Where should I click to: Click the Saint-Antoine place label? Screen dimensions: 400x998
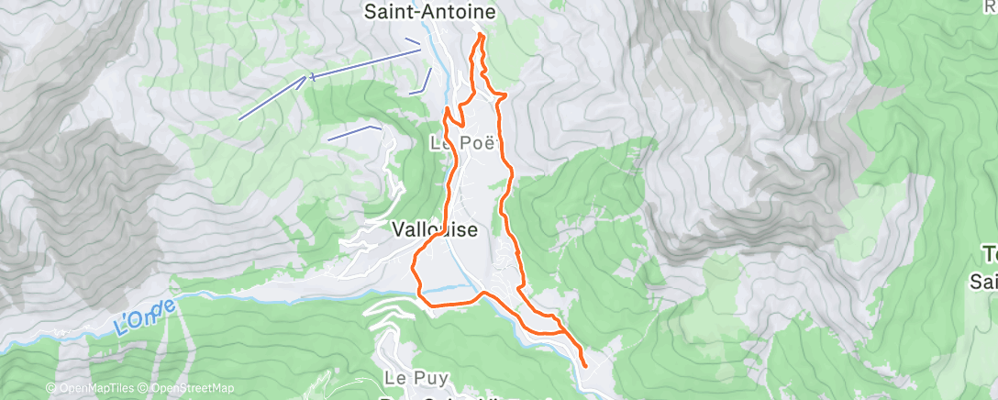pyautogui.click(x=430, y=12)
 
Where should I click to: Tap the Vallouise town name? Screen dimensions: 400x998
pyautogui.click(x=435, y=230)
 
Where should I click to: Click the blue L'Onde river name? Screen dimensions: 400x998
pyautogui.click(x=144, y=317)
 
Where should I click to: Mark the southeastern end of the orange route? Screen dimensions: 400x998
pyautogui.click(x=584, y=366)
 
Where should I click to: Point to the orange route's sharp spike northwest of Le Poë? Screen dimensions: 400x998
pyautogui.click(x=447, y=109)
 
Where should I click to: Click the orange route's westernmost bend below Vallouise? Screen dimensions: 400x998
pyautogui.click(x=413, y=265)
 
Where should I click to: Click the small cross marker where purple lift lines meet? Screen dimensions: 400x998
pyautogui.click(x=313, y=77)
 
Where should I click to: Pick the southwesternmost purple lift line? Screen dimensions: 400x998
pyautogui.click(x=272, y=98)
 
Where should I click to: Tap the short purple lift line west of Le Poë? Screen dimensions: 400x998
pyautogui.click(x=354, y=133)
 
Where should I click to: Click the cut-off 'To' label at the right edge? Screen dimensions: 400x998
pyautogui.click(x=990, y=254)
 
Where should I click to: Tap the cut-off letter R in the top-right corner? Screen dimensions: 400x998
pyautogui.click(x=991, y=6)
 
